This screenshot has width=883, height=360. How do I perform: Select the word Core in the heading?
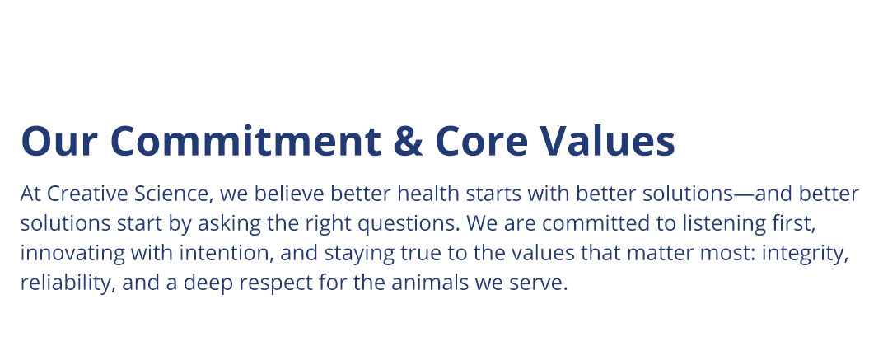[482, 141]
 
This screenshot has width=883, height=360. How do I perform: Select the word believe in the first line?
[289, 194]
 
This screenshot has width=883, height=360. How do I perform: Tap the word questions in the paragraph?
[411, 224]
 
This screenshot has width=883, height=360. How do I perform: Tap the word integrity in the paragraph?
[805, 254]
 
